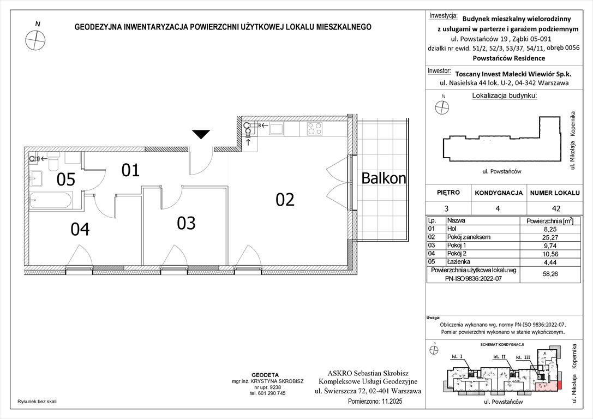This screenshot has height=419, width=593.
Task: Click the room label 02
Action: (285, 200)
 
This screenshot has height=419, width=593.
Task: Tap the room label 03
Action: (186, 223)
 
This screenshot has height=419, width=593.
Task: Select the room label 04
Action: (80, 229)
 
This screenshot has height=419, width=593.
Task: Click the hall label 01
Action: (131, 171)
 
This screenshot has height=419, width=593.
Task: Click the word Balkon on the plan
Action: (384, 178)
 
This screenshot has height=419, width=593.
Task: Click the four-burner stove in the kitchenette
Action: (314, 129)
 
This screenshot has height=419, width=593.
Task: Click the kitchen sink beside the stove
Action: (276, 129)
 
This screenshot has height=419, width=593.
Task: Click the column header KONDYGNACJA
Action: (499, 193)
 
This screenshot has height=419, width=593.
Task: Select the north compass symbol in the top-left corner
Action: (34, 39)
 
